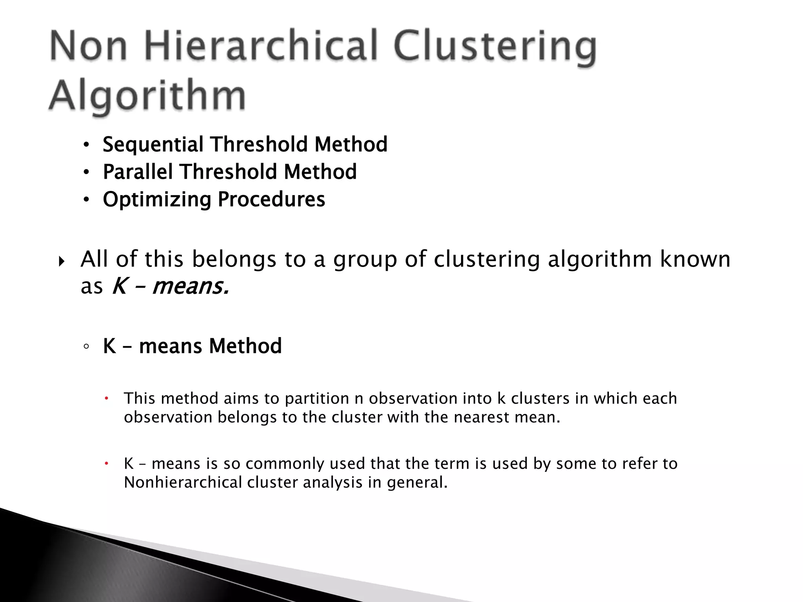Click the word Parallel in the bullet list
tap(138, 172)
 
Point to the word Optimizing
tap(157, 199)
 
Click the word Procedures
tap(271, 199)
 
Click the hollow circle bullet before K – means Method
tap(86, 347)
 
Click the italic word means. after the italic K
tap(191, 286)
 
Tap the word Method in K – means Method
tap(245, 346)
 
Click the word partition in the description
tap(317, 399)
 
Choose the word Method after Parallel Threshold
tap(320, 172)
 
